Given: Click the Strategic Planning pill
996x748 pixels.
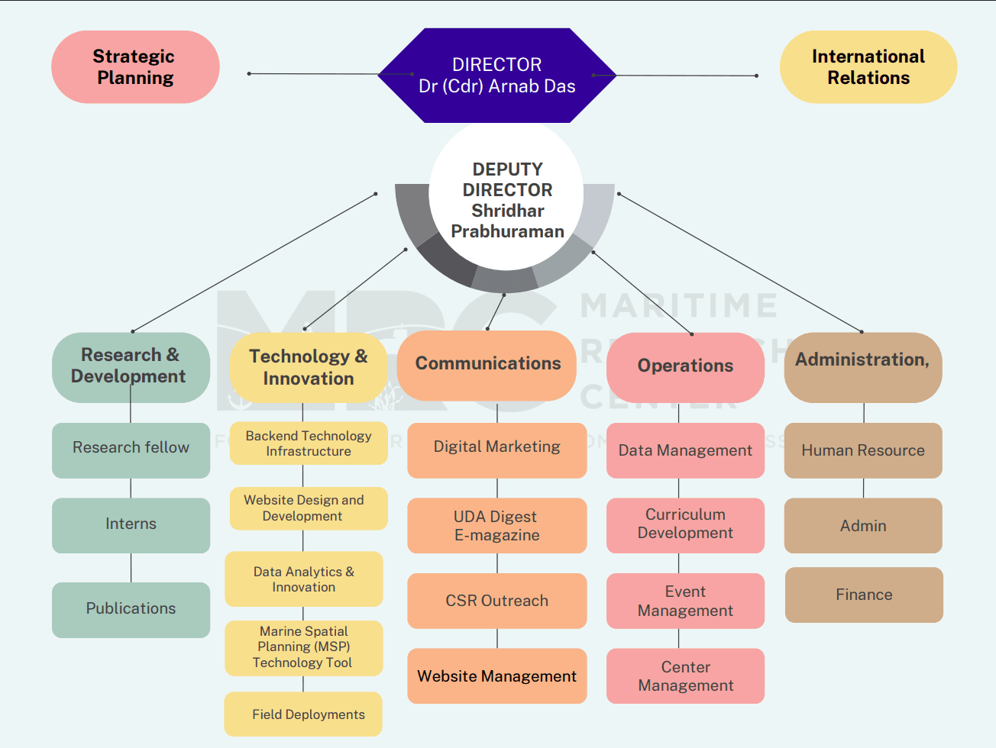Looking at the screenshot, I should tap(135, 67).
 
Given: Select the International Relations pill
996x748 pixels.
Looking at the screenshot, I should tap(868, 67).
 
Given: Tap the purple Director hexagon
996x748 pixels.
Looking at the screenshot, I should tap(496, 76).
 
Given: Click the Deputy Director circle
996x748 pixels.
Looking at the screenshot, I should tap(506, 199).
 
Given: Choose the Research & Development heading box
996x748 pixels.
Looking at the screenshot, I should tap(131, 366).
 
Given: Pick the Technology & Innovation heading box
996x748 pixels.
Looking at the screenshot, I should tap(309, 367).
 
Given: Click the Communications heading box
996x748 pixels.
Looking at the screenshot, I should tap(487, 364).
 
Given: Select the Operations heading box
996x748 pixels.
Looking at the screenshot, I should tap(685, 366).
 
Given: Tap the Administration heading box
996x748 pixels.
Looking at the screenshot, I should tap(862, 366).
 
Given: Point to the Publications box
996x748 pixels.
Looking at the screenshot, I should tap(131, 609).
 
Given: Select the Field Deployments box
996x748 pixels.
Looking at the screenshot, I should tap(304, 714).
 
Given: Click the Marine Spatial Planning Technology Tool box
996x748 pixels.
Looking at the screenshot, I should tap(303, 647).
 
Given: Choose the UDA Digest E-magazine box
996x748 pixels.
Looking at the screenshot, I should tap(496, 525).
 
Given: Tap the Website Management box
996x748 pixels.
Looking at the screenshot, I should tap(496, 675).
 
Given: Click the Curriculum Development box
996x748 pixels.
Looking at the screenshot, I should tap(685, 524).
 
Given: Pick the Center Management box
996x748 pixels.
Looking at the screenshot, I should tap(685, 675).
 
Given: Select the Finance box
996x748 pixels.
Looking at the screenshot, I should tap(864, 595).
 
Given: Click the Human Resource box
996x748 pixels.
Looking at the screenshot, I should tap(862, 450).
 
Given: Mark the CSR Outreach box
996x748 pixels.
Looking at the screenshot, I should tap(496, 601).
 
